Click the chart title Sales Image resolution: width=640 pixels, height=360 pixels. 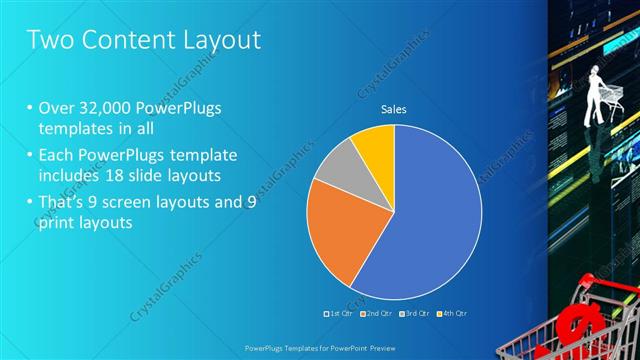393,109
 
